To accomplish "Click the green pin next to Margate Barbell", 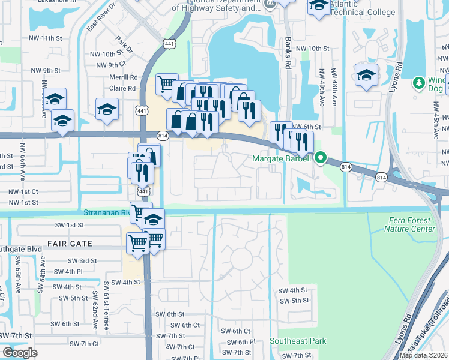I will click(321, 158).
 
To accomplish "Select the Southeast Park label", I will click(298, 341).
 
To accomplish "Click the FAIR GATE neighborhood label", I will click(67, 244).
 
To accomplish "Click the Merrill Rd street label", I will click(124, 77).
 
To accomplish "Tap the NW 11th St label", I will click(46, 38).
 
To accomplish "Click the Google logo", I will click(20, 352).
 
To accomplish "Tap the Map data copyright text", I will click(423, 355).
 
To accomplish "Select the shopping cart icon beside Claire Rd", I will click(167, 84).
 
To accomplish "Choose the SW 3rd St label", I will click(82, 260).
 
